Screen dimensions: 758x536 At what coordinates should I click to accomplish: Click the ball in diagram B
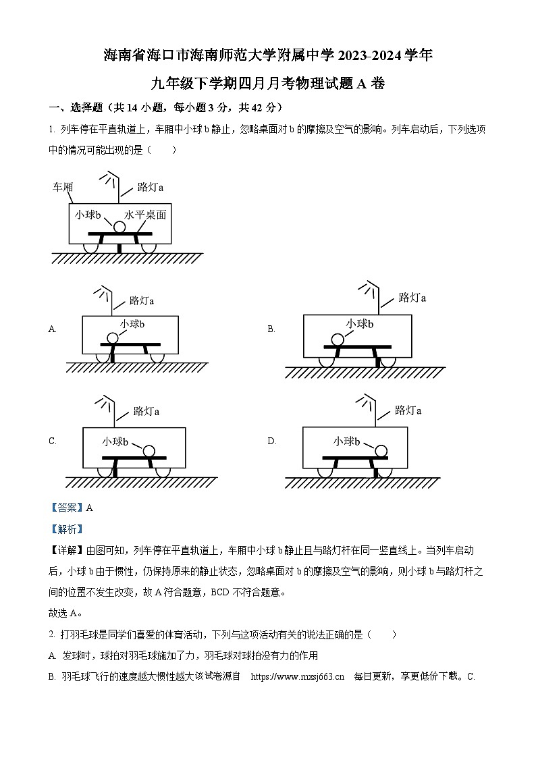coord(336,340)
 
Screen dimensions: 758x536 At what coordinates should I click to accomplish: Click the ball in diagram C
coord(149,450)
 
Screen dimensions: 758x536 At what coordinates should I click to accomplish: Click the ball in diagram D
coord(381,450)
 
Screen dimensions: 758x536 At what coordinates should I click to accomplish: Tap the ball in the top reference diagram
coord(119,227)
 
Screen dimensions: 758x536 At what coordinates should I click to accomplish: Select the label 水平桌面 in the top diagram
coord(144,215)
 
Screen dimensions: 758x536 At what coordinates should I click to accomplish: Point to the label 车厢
coord(63,187)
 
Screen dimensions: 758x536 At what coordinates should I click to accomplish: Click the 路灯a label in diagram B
coord(412,297)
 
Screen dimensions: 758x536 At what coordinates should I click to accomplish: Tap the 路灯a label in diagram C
coord(146,410)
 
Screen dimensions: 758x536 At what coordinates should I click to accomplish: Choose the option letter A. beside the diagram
coord(53,329)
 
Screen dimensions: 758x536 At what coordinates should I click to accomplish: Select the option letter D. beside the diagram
coord(272,441)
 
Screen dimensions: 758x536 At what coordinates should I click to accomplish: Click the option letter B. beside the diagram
coord(271,329)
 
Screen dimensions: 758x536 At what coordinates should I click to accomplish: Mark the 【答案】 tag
coord(66,508)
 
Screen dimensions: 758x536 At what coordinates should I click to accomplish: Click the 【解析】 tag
coord(66,529)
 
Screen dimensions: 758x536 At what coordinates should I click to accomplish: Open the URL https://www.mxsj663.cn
coord(297,676)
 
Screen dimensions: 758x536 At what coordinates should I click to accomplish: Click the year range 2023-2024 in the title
coord(370,55)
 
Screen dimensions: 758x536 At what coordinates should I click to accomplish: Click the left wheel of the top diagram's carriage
coord(94,248)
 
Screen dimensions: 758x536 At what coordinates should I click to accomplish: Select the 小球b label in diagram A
coord(133,324)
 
